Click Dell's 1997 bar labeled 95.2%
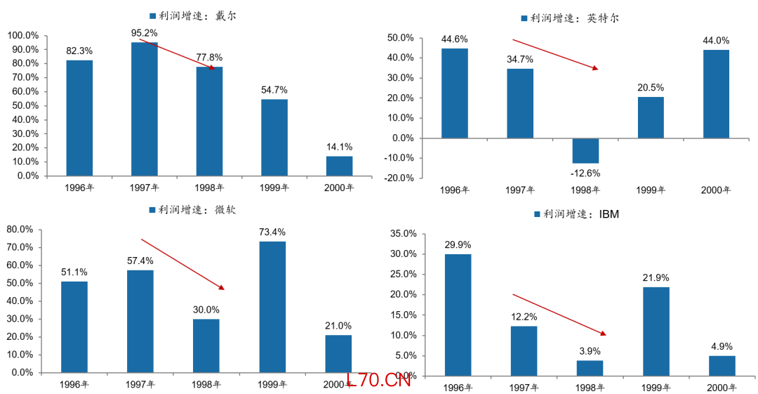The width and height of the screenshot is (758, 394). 144,109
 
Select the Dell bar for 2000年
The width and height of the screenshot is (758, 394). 339,166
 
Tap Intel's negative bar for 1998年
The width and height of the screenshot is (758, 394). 585,150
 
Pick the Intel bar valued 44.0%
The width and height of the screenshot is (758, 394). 716,93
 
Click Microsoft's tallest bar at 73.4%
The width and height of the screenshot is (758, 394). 272,306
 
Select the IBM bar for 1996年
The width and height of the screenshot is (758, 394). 458,315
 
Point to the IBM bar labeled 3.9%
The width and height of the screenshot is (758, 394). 590,368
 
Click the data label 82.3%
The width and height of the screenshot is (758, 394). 79,51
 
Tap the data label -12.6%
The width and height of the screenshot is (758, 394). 586,173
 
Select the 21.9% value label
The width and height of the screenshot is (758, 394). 656,278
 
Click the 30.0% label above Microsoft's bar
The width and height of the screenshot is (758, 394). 207,310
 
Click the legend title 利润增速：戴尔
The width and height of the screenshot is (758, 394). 192,15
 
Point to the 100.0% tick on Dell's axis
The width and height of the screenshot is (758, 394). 23,35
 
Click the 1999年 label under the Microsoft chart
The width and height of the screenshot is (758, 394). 272,385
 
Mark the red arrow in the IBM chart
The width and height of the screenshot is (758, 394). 559,314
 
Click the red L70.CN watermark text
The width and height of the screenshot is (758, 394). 379,381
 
